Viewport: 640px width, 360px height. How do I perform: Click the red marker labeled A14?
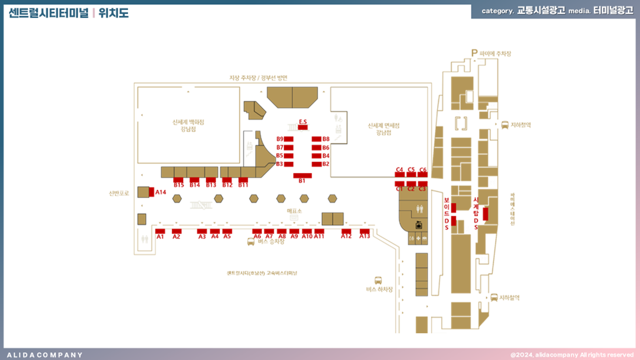click(x=152, y=192)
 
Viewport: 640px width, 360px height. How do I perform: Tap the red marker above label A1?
click(x=160, y=231)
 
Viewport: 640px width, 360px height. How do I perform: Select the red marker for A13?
click(x=364, y=231)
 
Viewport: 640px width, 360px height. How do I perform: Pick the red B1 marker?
click(x=302, y=175)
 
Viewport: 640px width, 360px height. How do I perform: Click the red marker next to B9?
click(x=289, y=139)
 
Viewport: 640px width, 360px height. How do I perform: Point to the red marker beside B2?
click(x=316, y=164)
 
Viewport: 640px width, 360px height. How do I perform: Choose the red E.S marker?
click(x=303, y=128)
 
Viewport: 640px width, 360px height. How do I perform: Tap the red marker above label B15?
click(x=179, y=180)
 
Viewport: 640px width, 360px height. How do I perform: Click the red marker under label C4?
click(x=400, y=175)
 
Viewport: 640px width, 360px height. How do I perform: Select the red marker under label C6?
click(x=422, y=175)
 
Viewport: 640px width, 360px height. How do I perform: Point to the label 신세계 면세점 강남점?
click(x=384, y=129)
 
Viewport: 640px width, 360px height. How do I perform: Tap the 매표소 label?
click(x=294, y=211)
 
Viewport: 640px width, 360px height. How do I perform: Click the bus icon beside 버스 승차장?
click(x=251, y=242)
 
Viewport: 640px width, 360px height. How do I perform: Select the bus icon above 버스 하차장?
click(x=378, y=280)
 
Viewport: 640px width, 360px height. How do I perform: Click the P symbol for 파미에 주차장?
click(x=475, y=53)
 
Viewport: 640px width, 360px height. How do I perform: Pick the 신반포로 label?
click(x=119, y=193)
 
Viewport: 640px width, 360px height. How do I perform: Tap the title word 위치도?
click(x=113, y=13)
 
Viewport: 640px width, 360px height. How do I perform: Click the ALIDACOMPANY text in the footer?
click(x=45, y=355)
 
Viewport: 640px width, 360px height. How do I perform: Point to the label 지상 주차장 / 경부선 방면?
click(x=258, y=78)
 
